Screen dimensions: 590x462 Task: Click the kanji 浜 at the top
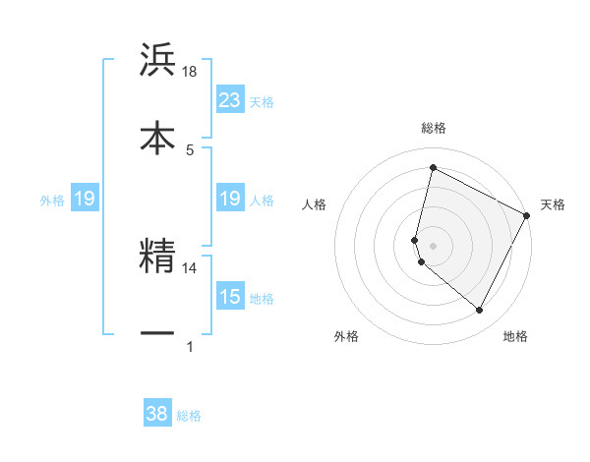[x=157, y=61]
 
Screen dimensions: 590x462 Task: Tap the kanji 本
[x=157, y=137]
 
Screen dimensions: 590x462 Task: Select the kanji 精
[x=157, y=256]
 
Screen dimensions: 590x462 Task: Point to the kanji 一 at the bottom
[x=157, y=332]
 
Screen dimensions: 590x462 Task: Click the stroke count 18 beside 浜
[x=190, y=73]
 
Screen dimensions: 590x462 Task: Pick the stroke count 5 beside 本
[x=190, y=148]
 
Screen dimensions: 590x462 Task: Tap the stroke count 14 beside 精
[x=190, y=267]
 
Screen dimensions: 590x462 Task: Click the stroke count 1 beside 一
[x=190, y=346]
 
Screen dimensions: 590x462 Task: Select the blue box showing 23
[x=230, y=100]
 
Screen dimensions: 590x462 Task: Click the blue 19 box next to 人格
[x=230, y=200]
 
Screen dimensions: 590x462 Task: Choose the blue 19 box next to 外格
[x=85, y=200]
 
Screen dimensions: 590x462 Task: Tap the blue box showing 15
[x=230, y=298]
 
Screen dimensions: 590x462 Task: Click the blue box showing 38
[x=157, y=414]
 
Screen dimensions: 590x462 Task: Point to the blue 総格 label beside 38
[x=189, y=416]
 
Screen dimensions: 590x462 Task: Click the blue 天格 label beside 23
[x=262, y=101]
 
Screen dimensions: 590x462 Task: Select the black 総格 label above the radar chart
[x=434, y=128]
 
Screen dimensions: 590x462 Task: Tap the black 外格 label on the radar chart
[x=346, y=336]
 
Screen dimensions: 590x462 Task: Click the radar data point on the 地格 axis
[x=480, y=311]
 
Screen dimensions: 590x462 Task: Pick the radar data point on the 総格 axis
[x=433, y=168]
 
